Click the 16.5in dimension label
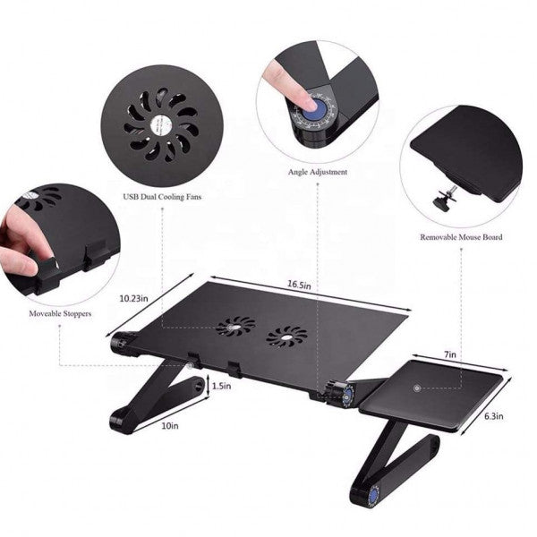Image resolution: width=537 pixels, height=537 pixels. pyautogui.click(x=299, y=285)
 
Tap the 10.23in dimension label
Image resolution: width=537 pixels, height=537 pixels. pyautogui.click(x=133, y=298)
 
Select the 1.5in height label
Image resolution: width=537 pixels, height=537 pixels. pyautogui.click(x=222, y=386)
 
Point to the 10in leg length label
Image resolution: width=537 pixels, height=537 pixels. pyautogui.click(x=170, y=426)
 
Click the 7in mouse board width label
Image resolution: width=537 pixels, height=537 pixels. pyautogui.click(x=450, y=354)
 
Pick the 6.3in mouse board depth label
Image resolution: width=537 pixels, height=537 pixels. pyautogui.click(x=493, y=416)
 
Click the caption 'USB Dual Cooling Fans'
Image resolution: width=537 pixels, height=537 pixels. pyautogui.click(x=162, y=197)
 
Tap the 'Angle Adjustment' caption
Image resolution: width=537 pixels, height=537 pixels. pyautogui.click(x=318, y=172)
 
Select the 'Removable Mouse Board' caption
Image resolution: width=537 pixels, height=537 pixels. pyautogui.click(x=461, y=237)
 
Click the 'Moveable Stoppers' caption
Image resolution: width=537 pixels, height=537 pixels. pyautogui.click(x=60, y=313)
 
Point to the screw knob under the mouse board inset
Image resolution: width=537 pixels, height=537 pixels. pyautogui.click(x=442, y=202)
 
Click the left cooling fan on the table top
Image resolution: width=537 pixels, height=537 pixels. pyautogui.click(x=235, y=327)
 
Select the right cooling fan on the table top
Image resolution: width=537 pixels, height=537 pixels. pyautogui.click(x=286, y=336)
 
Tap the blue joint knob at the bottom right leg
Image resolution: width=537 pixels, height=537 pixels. pyautogui.click(x=373, y=496)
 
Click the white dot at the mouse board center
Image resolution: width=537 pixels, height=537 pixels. pyautogui.click(x=416, y=388)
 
